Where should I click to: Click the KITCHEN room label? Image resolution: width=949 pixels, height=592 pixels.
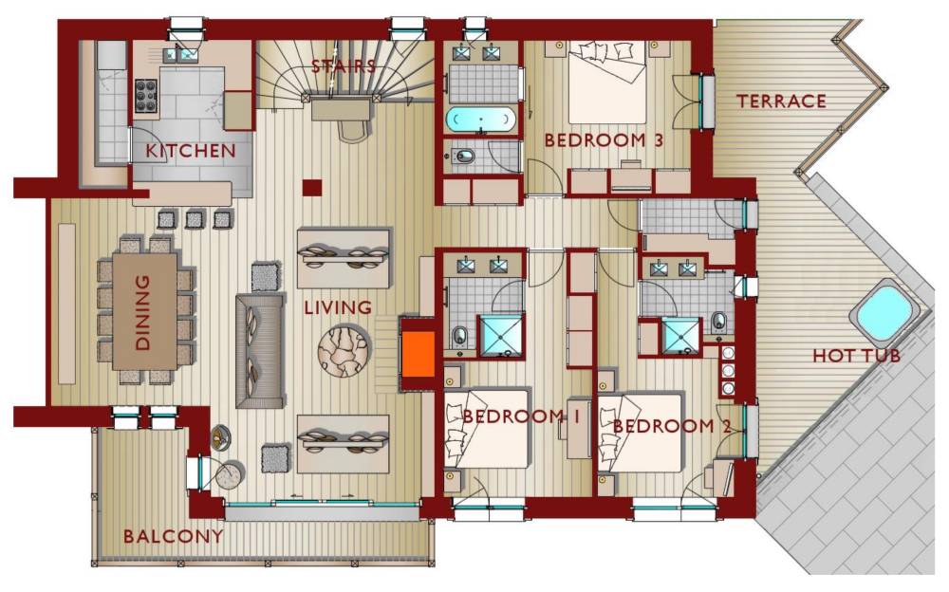click(190, 151)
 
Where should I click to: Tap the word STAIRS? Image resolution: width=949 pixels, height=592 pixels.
click(344, 65)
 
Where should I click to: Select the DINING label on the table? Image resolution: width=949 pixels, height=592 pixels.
click(142, 312)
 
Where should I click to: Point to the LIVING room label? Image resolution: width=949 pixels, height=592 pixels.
click(338, 307)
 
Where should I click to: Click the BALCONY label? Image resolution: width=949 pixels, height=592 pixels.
click(173, 536)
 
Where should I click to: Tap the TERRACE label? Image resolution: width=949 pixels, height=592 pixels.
click(781, 102)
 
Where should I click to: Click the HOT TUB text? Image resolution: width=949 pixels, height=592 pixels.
click(856, 356)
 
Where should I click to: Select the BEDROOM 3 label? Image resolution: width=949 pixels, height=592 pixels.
click(604, 140)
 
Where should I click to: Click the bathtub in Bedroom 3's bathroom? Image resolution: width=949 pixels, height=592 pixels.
click(481, 120)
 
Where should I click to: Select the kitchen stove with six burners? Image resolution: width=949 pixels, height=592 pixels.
click(146, 96)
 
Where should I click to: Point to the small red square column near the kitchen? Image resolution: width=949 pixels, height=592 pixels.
click(312, 188)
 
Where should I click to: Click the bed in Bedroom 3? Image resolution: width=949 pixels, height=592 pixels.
click(607, 82)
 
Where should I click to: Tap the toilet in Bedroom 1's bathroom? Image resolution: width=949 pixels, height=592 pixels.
click(460, 335)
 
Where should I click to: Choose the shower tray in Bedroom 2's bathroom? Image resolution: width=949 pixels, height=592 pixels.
click(680, 335)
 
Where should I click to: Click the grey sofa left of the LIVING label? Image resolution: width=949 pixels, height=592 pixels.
click(260, 350)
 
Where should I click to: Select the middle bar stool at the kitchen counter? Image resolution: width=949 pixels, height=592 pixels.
click(195, 218)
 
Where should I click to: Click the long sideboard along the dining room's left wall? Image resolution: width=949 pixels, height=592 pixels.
click(67, 304)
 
